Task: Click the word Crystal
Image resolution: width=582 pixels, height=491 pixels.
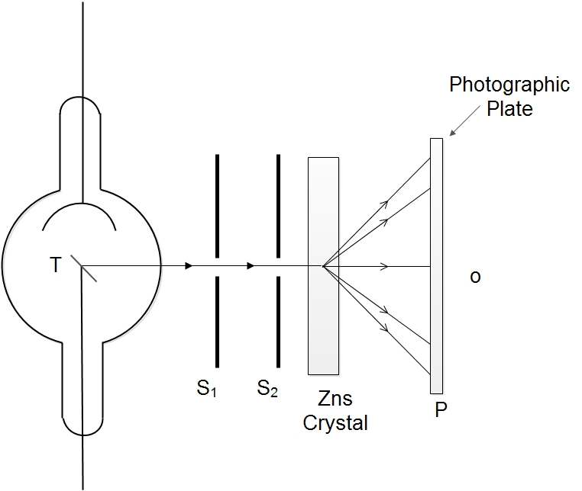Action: coord(335,423)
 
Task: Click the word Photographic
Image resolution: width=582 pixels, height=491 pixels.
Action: coord(509,85)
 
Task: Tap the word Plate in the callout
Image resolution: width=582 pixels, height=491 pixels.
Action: coord(510,108)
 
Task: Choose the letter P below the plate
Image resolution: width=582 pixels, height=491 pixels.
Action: coord(441,409)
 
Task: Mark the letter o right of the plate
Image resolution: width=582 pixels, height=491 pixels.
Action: coord(475,276)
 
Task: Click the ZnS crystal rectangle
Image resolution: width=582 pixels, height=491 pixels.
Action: coord(323,320)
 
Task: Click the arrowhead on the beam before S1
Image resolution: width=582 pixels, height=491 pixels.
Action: coord(188,266)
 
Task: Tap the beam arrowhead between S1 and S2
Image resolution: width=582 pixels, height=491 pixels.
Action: coord(251,266)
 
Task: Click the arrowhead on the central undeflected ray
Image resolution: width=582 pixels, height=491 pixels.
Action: coord(384,266)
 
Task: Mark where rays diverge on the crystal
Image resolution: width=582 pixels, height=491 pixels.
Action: coord(324,266)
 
